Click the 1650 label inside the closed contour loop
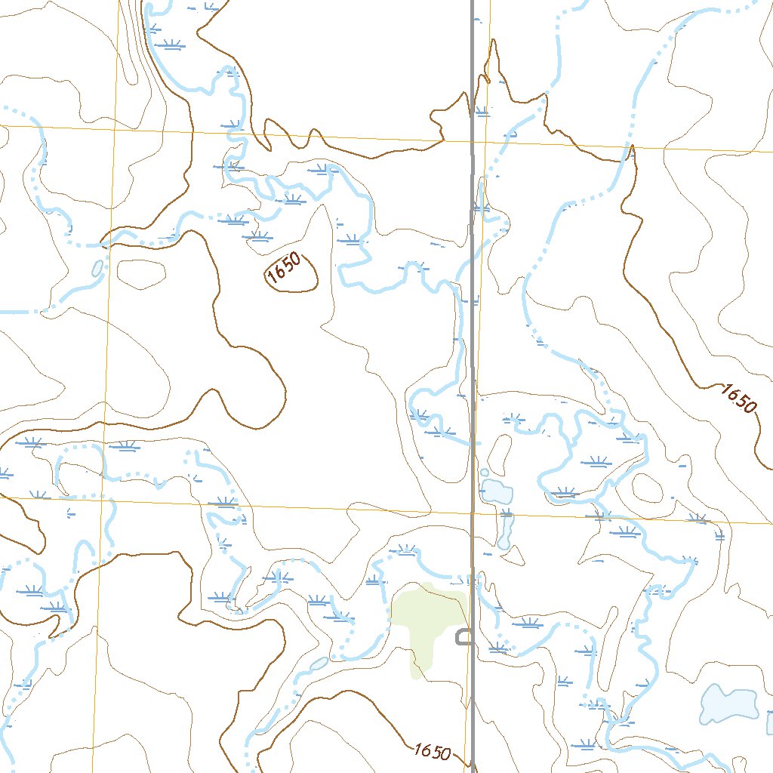tap(285, 270)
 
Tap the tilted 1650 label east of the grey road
tap(738, 398)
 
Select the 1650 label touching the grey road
tap(433, 752)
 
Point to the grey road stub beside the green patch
tap(463, 638)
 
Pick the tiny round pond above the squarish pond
tap(484, 473)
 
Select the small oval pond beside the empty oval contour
tap(97, 268)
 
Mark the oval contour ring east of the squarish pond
tap(647, 488)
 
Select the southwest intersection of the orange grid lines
tap(103, 499)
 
